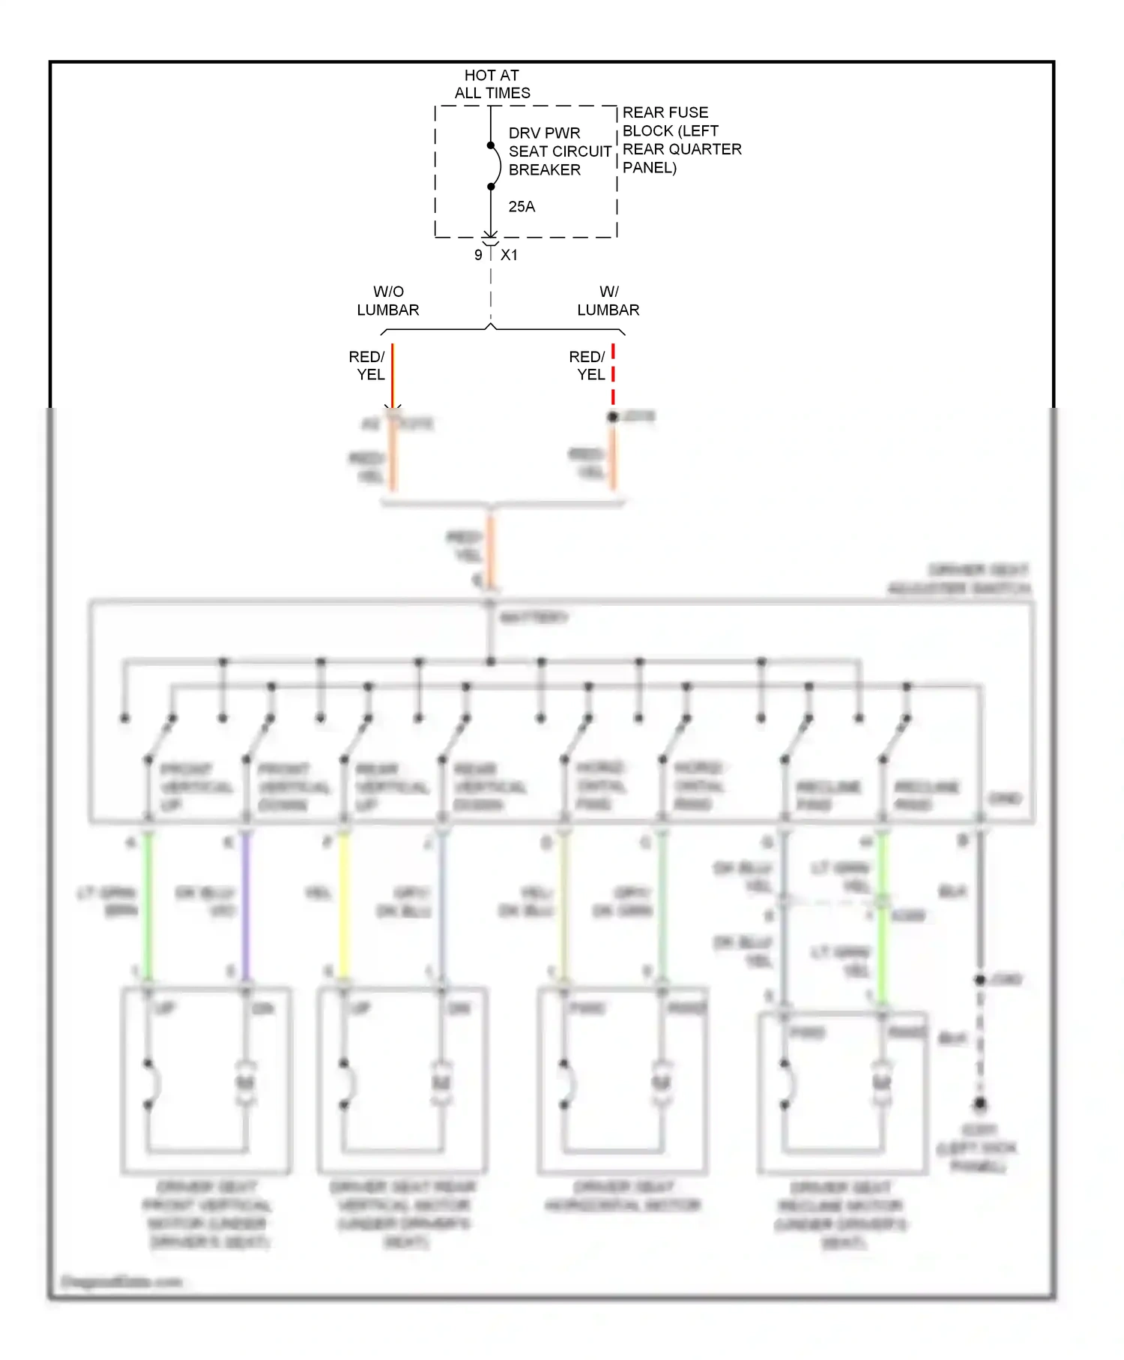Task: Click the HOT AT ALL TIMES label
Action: [492, 84]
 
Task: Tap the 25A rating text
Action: [522, 207]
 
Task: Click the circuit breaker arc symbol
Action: [495, 166]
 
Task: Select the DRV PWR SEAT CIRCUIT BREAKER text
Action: [559, 151]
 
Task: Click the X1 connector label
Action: [510, 255]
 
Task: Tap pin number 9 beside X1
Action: [478, 255]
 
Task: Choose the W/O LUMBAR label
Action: [388, 301]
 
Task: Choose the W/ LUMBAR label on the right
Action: [608, 301]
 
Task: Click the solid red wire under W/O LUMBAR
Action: [393, 375]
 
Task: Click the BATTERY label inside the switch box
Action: [534, 617]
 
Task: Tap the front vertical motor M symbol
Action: [246, 1083]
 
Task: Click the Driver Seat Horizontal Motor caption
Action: [623, 1196]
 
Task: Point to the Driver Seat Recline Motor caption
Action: [841, 1215]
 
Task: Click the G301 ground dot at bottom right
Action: [979, 1104]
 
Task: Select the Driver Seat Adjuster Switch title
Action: [959, 579]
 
